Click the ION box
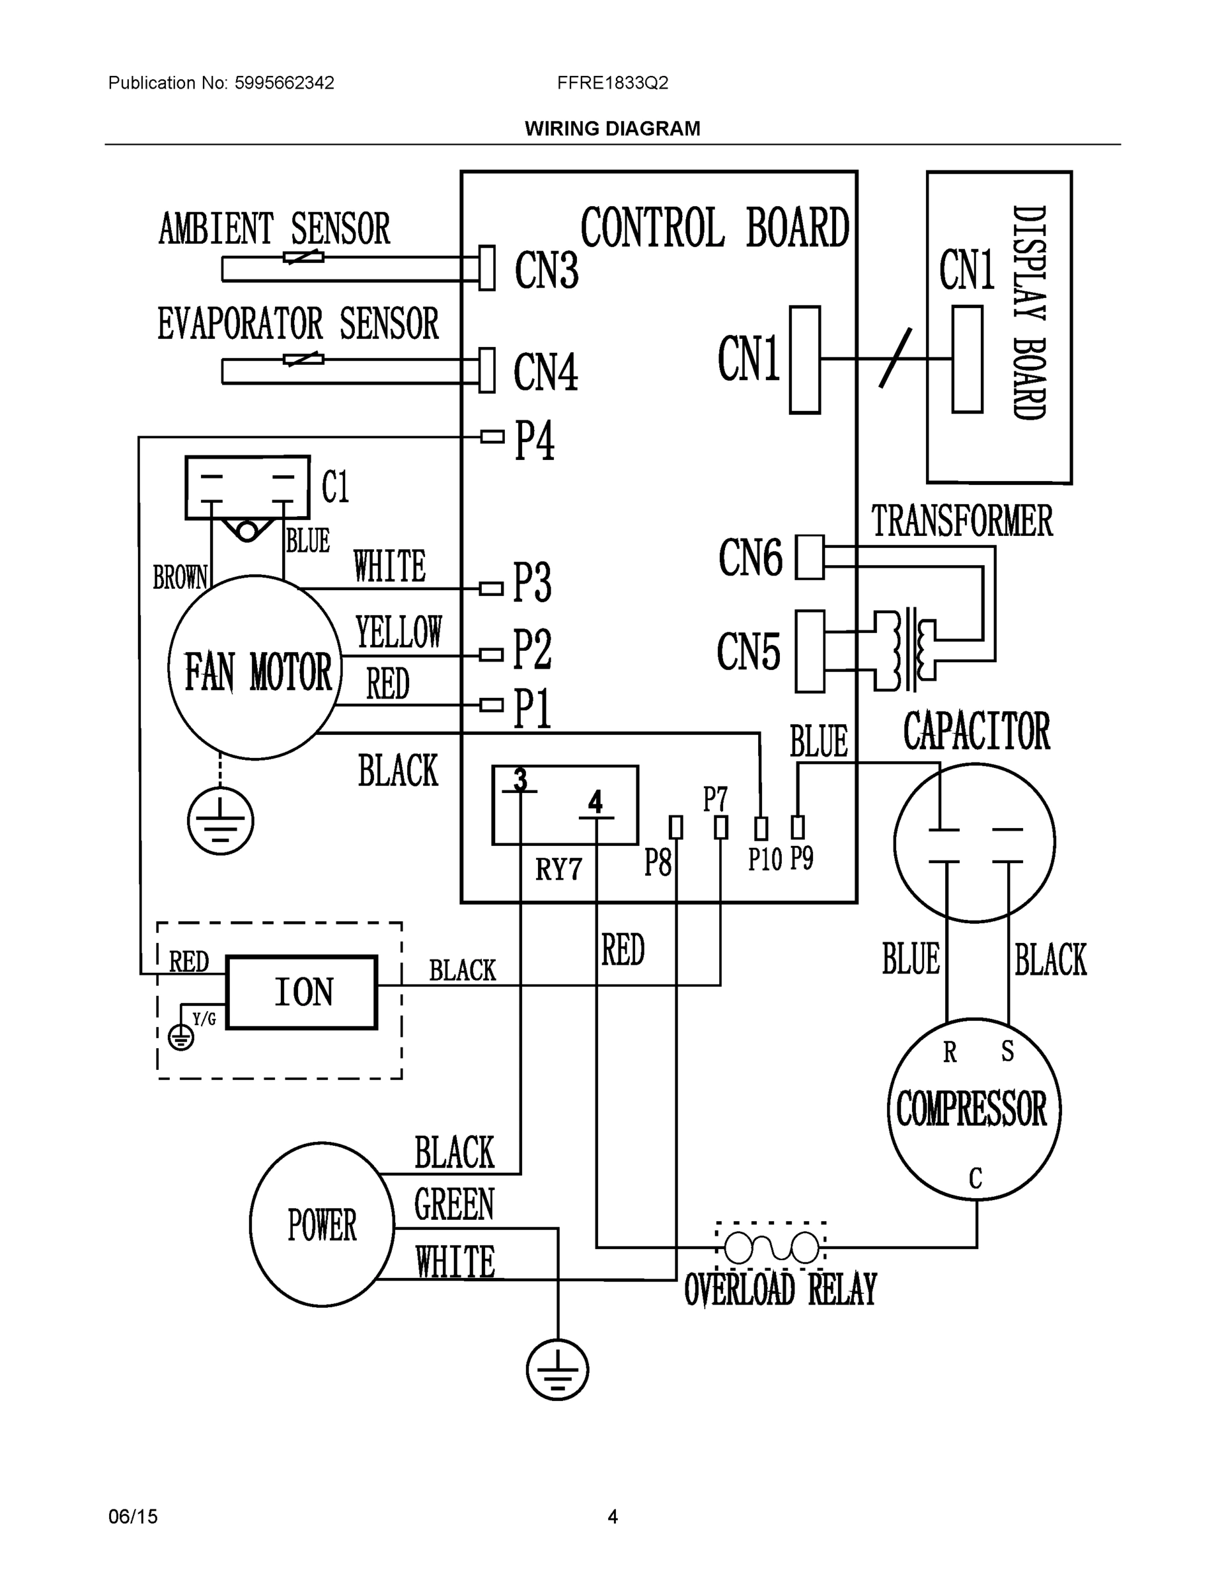(x=301, y=992)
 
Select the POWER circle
(x=322, y=1225)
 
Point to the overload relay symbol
(x=771, y=1248)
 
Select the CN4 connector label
(x=545, y=373)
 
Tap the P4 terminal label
(x=535, y=440)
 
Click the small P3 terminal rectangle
(x=492, y=587)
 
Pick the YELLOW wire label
(x=398, y=631)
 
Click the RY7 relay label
(x=558, y=869)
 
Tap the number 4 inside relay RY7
(x=595, y=802)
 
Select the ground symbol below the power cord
(x=557, y=1370)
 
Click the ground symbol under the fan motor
(x=220, y=822)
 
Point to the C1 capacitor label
(x=336, y=486)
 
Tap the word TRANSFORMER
(x=962, y=521)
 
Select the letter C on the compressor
(x=976, y=1178)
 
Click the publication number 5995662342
(x=284, y=83)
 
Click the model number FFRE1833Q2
(x=612, y=83)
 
